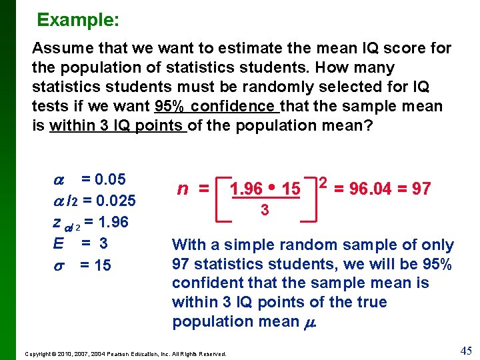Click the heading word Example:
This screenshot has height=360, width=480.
click(x=78, y=20)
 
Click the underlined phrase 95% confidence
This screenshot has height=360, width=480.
click(x=216, y=106)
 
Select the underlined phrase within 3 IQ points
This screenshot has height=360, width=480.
click(x=117, y=125)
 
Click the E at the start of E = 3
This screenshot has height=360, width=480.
click(x=58, y=243)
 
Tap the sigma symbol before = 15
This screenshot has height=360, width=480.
click(x=58, y=265)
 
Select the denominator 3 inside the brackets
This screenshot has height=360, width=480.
click(x=265, y=210)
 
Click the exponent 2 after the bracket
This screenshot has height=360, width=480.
click(x=323, y=182)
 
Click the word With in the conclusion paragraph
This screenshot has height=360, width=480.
click(x=187, y=245)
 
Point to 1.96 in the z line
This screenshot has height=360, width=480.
click(x=113, y=222)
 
